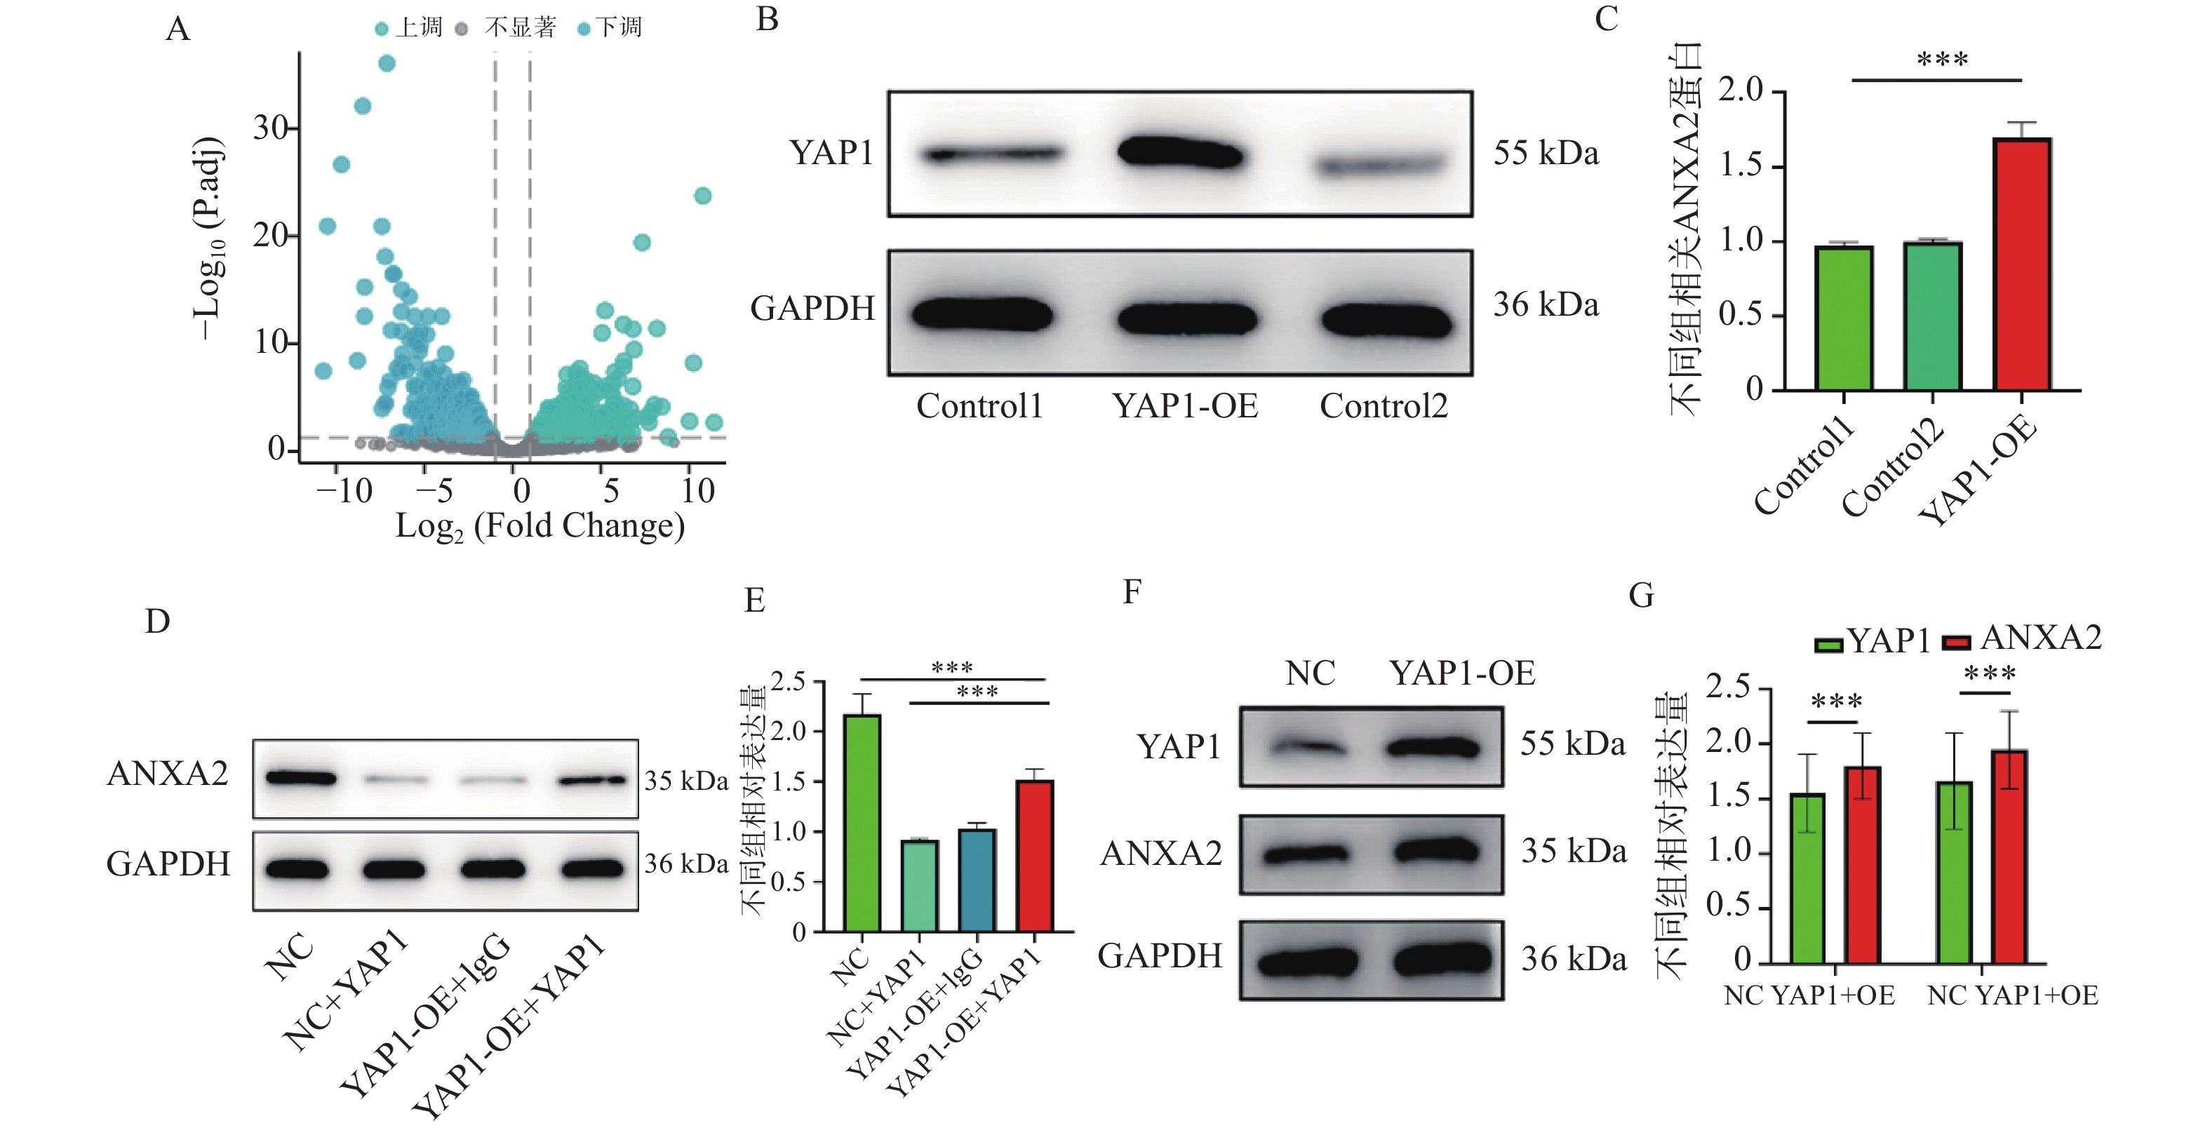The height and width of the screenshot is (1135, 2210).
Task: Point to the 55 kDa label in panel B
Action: [1546, 154]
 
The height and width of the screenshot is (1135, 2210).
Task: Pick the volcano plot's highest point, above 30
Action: [387, 64]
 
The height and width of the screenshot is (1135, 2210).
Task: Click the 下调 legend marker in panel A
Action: [584, 29]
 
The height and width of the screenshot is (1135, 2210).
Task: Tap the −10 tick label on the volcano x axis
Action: [344, 492]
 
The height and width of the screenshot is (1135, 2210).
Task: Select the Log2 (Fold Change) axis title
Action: [540, 526]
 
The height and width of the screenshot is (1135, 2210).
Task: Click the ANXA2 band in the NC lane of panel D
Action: [300, 779]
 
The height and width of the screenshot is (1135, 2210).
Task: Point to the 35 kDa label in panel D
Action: [685, 781]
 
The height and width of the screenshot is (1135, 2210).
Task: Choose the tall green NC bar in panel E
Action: [862, 824]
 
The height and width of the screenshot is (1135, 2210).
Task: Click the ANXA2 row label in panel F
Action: [1160, 854]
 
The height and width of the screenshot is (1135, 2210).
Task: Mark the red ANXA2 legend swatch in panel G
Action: [1956, 643]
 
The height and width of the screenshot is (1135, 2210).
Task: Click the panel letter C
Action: [1606, 19]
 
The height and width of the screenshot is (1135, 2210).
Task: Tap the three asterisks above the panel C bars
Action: [1942, 60]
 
